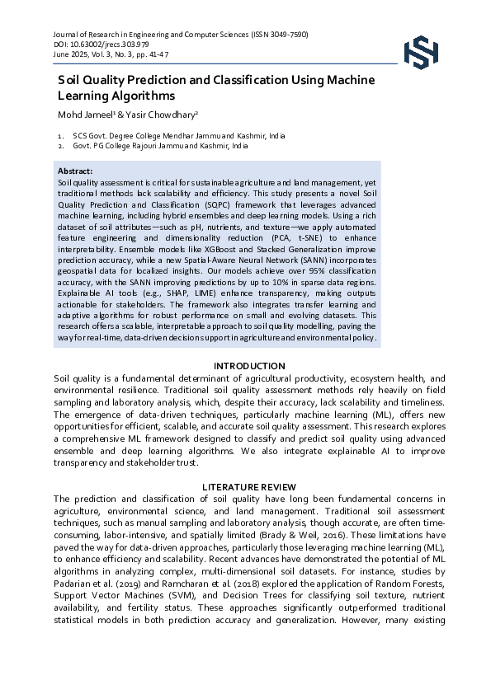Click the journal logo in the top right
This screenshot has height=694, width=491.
pyautogui.click(x=423, y=50)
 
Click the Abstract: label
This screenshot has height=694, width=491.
pyautogui.click(x=75, y=170)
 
